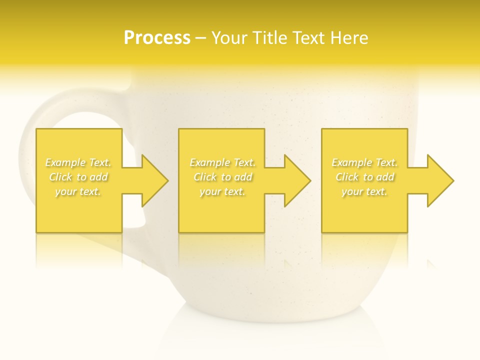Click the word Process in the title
point(157,38)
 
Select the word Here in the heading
point(349,38)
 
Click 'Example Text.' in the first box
point(78,162)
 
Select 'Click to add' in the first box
point(78,177)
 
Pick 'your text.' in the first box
point(78,191)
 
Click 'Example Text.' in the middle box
point(222,162)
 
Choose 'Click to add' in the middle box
point(222,177)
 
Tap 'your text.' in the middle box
point(222,191)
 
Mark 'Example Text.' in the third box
point(364,162)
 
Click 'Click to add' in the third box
point(364,177)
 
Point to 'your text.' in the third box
point(364,191)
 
